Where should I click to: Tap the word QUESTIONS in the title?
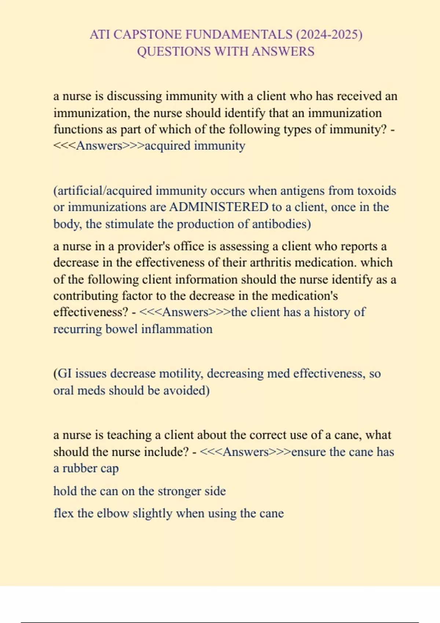(174, 51)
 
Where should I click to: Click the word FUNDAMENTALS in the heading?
(239, 34)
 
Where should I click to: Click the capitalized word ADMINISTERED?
(219, 207)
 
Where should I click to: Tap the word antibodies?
(280, 224)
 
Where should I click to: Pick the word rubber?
(79, 468)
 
